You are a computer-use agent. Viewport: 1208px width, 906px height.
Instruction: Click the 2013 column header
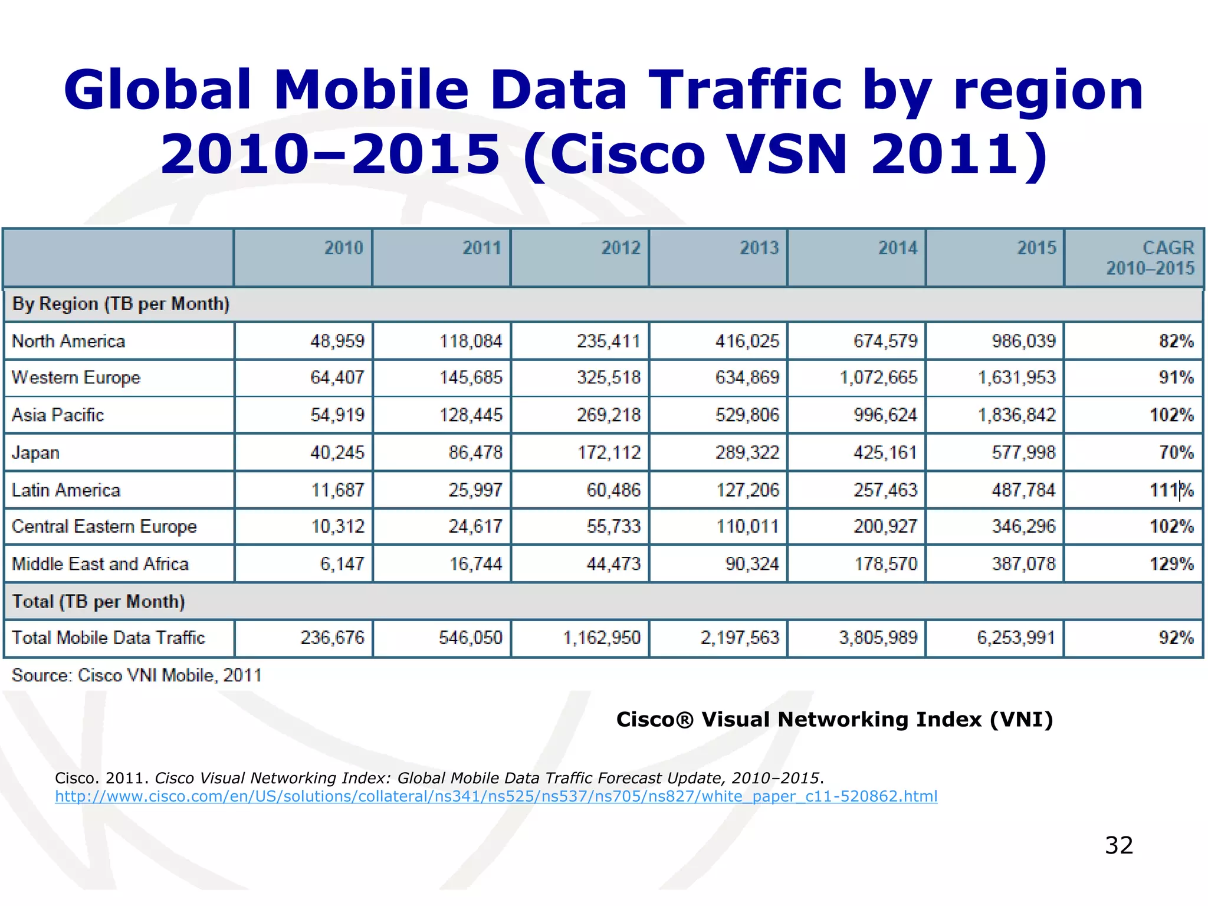click(x=759, y=248)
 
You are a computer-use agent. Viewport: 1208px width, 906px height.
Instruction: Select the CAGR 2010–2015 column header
click(x=1150, y=258)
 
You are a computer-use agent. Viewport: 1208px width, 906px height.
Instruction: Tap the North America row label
click(x=68, y=342)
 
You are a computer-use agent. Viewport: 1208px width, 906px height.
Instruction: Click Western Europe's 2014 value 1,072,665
click(x=878, y=377)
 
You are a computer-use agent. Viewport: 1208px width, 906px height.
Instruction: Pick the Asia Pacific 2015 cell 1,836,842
click(x=1017, y=415)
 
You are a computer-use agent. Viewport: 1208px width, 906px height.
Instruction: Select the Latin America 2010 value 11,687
click(x=337, y=490)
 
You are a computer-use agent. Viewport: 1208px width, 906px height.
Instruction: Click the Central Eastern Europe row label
click(x=104, y=527)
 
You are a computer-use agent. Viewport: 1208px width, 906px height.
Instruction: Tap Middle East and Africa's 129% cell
click(x=1171, y=564)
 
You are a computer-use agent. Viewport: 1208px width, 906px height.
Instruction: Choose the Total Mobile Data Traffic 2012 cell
click(x=602, y=638)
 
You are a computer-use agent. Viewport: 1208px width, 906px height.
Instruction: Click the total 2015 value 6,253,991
click(x=1016, y=638)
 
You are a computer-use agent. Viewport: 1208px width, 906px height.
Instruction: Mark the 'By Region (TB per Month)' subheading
click(x=121, y=304)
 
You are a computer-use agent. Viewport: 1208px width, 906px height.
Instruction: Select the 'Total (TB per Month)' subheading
click(x=99, y=602)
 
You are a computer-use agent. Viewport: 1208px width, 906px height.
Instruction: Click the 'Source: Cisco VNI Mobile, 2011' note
click(x=137, y=675)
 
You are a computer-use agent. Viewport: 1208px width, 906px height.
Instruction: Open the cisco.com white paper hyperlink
click(x=495, y=797)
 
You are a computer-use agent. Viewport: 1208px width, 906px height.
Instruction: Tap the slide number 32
click(x=1119, y=845)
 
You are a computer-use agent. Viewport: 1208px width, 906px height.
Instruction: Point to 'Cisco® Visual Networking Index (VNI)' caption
click(x=834, y=720)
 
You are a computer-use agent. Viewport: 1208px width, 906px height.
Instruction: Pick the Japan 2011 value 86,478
click(x=475, y=452)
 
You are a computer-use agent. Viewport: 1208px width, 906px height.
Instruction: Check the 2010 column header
click(x=343, y=248)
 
